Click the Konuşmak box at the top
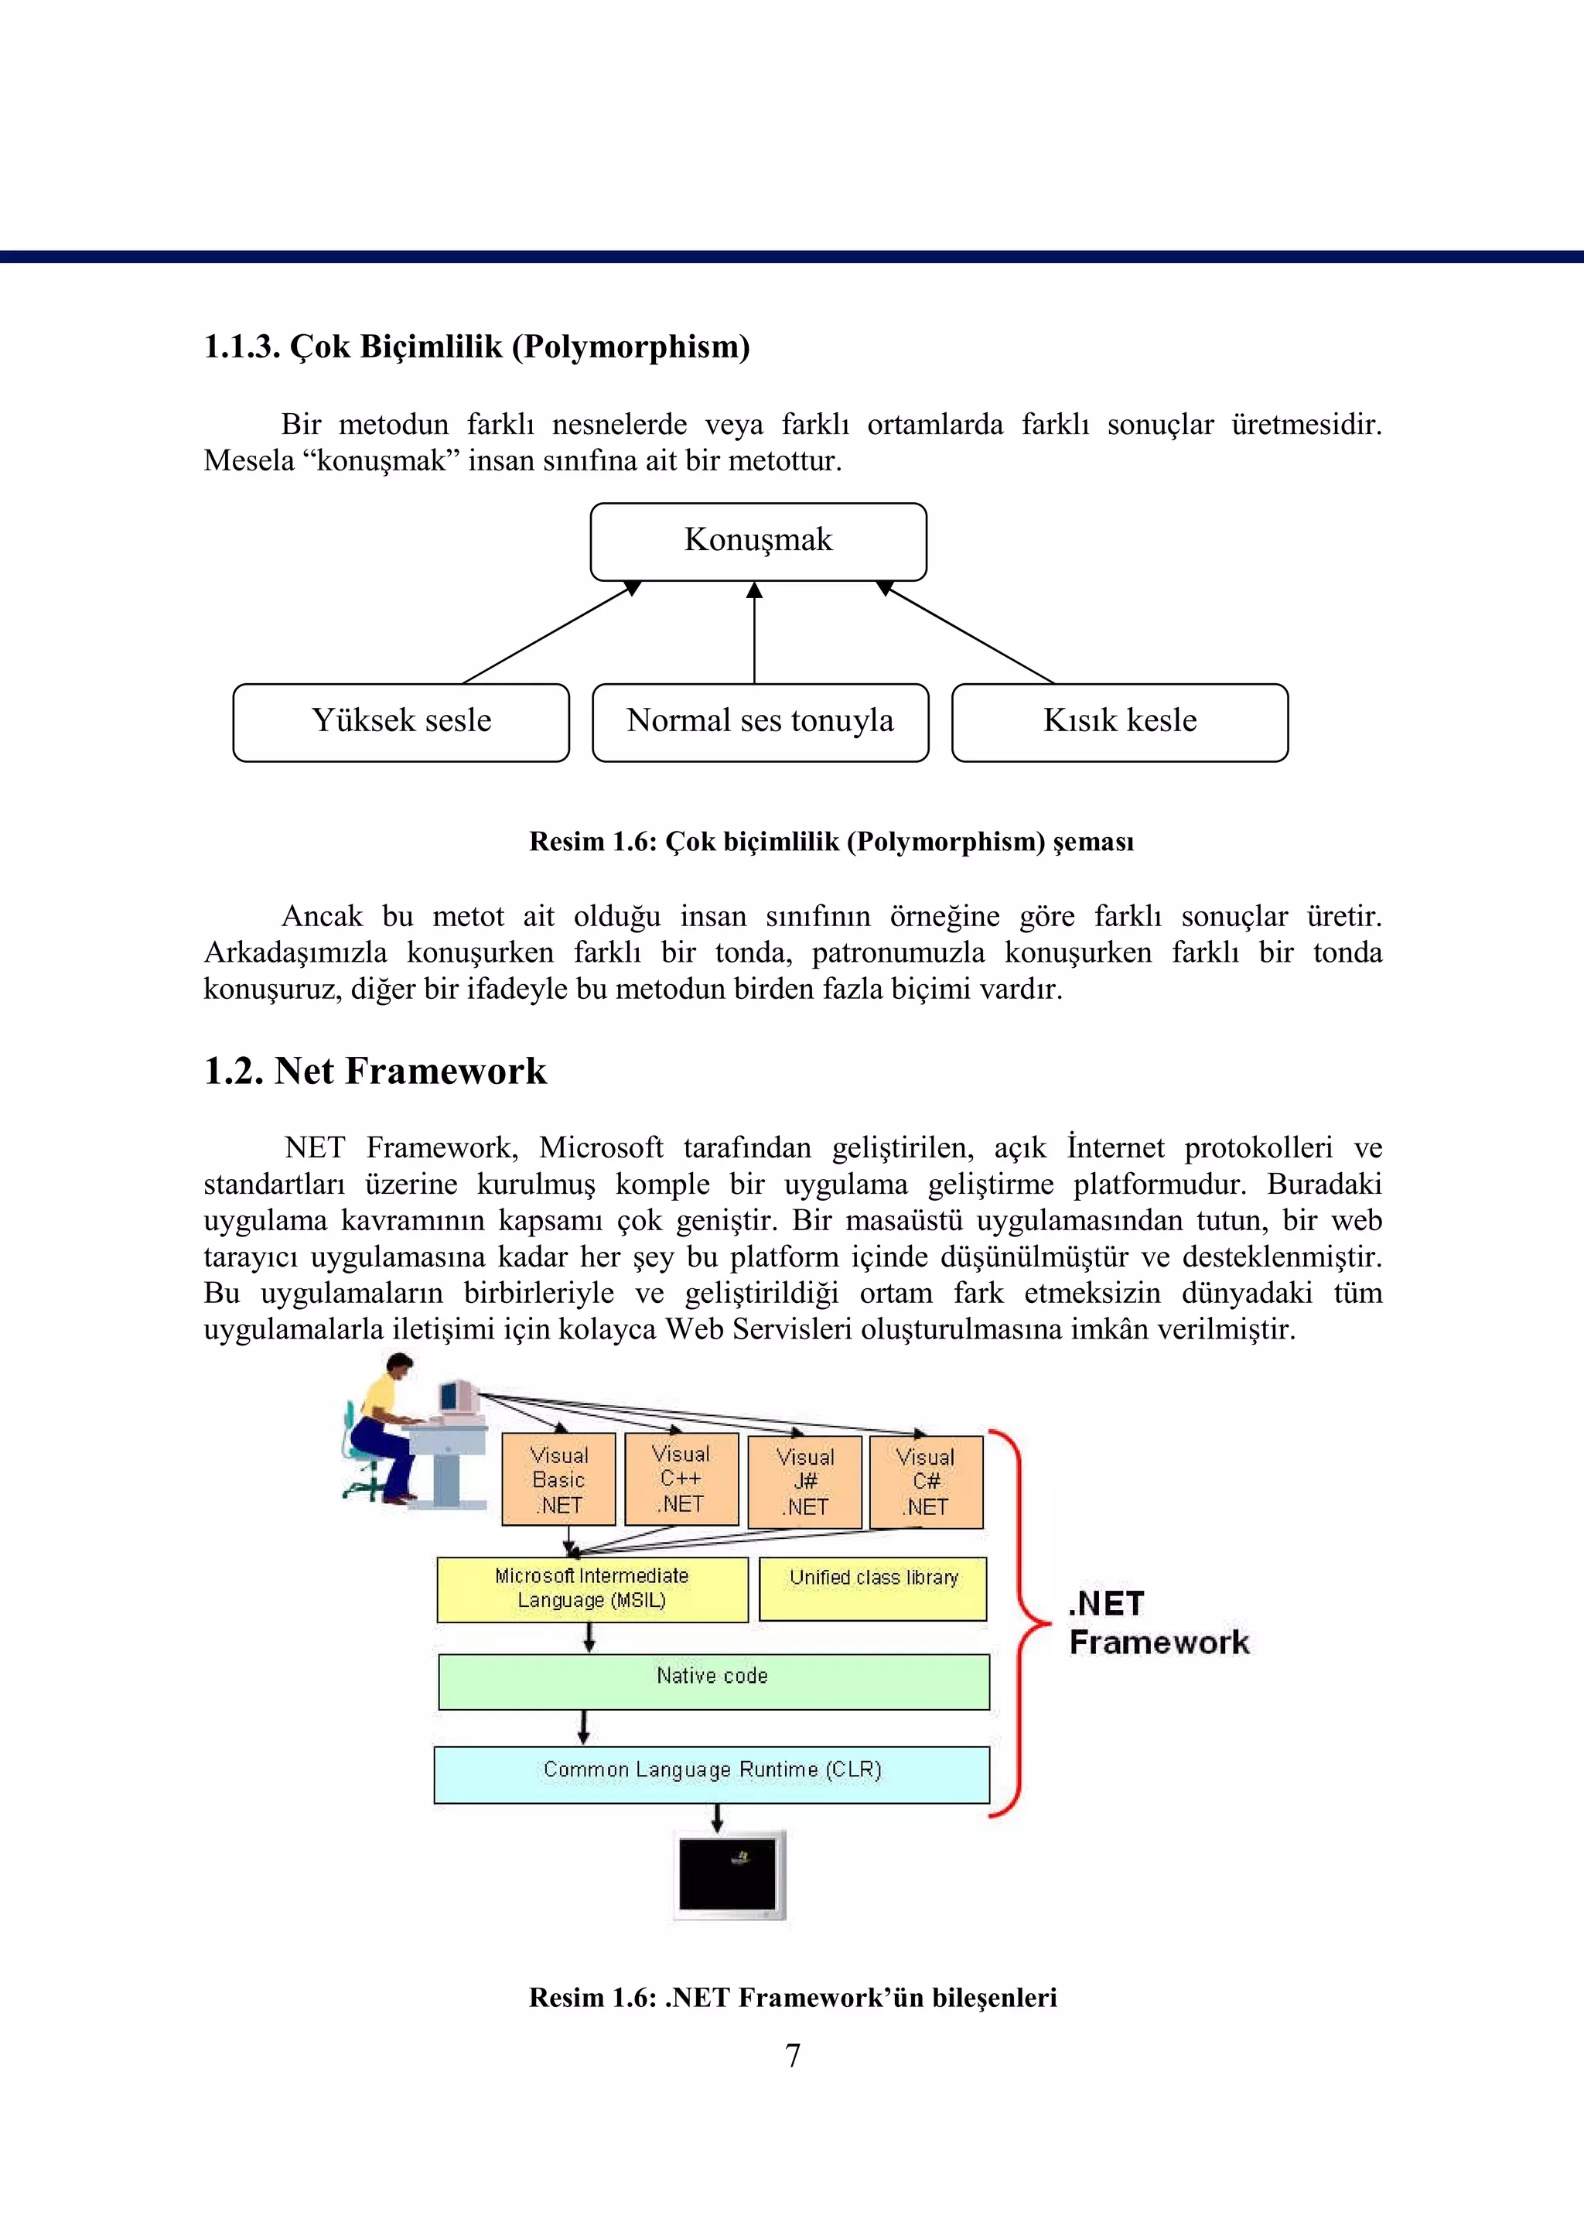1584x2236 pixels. click(x=758, y=542)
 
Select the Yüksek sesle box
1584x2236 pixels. click(x=401, y=722)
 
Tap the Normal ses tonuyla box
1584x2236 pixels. click(x=760, y=722)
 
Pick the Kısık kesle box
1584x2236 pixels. click(x=1120, y=722)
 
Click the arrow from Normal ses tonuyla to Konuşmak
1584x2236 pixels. click(x=754, y=634)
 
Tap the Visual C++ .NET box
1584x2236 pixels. click(x=681, y=1478)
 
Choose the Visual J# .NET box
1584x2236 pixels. click(x=804, y=1481)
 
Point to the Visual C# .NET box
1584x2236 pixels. click(x=926, y=1481)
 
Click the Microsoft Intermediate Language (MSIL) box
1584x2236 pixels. click(x=591, y=1589)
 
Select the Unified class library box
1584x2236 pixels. click(x=873, y=1588)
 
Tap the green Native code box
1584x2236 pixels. click(x=713, y=1681)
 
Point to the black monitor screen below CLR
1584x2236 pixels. click(x=728, y=1873)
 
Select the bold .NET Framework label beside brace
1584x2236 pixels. click(x=1157, y=1623)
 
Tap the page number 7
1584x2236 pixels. click(x=792, y=2056)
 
